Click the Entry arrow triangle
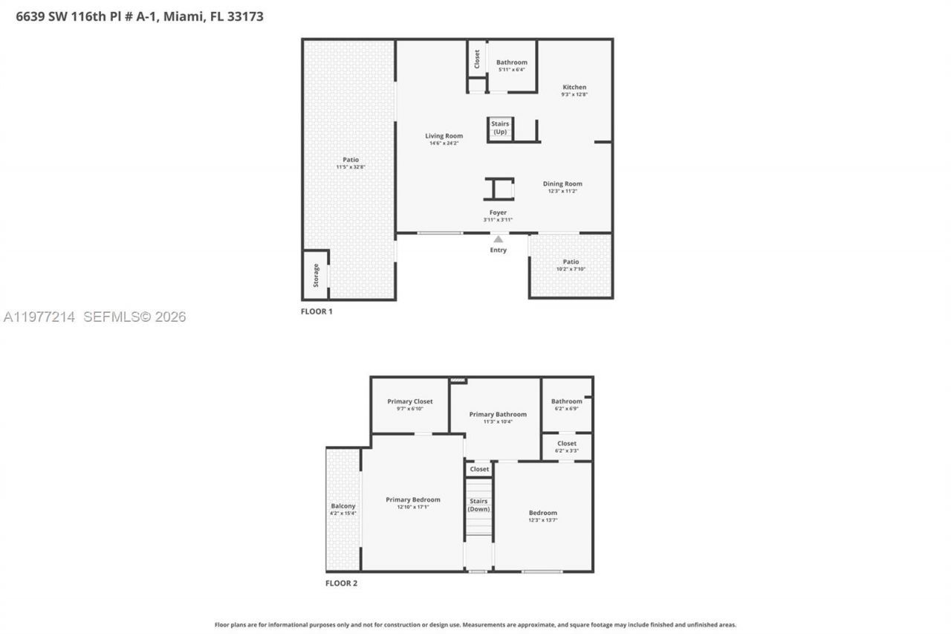pyautogui.click(x=499, y=239)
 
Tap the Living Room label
pyautogui.click(x=444, y=136)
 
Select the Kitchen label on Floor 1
pyautogui.click(x=574, y=87)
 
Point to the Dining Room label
pyautogui.click(x=562, y=184)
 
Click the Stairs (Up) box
pyautogui.click(x=500, y=128)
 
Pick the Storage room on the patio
pyautogui.click(x=316, y=275)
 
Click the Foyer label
pyautogui.click(x=498, y=213)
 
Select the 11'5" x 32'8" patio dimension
pyautogui.click(x=350, y=167)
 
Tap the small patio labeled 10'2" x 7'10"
pyautogui.click(x=571, y=265)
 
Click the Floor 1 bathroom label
pyautogui.click(x=511, y=62)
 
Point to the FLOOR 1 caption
pyautogui.click(x=317, y=311)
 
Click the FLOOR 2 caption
pyautogui.click(x=341, y=583)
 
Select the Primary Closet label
pyautogui.click(x=409, y=401)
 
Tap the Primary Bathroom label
pyautogui.click(x=498, y=414)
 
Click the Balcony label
pyautogui.click(x=343, y=506)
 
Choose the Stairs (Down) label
pyautogui.click(x=478, y=505)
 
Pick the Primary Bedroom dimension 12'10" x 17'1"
pyautogui.click(x=412, y=507)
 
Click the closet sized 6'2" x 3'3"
pyautogui.click(x=566, y=447)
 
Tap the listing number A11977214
pyautogui.click(x=39, y=317)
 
